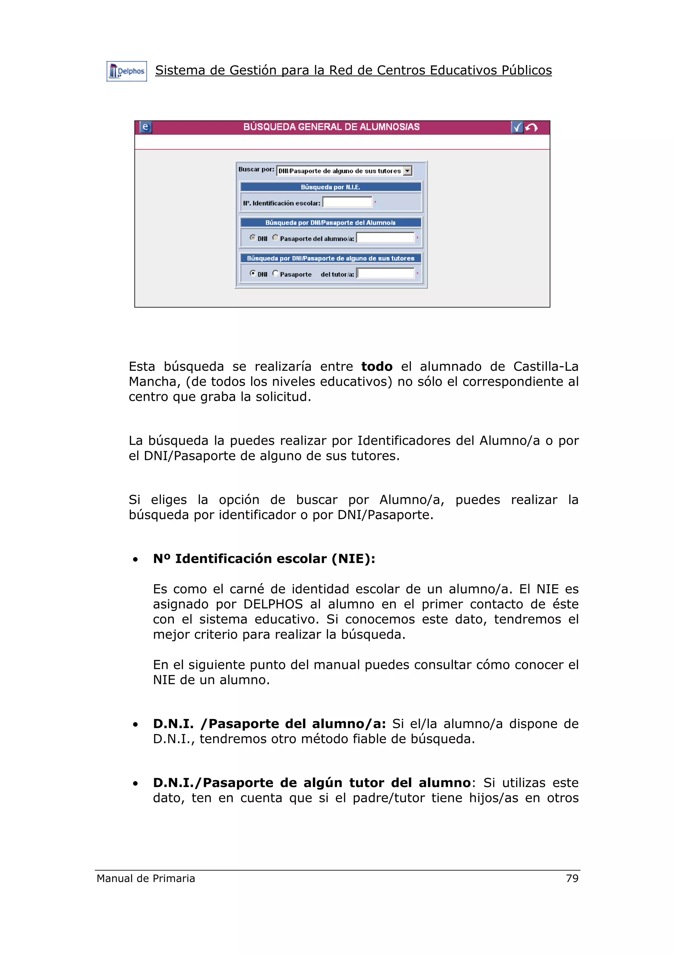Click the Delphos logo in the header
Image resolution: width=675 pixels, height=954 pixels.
[x=127, y=71]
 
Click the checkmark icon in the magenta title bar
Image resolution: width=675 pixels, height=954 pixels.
[x=516, y=127]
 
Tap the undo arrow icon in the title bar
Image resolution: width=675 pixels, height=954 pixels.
[x=532, y=127]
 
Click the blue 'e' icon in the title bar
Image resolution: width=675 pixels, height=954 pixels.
[x=145, y=127]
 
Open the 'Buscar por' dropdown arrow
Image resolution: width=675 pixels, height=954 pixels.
[x=408, y=171]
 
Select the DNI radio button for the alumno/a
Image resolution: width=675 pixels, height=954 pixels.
[x=252, y=237]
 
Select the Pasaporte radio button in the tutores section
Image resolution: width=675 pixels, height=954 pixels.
[x=275, y=273]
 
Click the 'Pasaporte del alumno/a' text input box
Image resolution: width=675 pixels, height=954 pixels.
[x=386, y=238]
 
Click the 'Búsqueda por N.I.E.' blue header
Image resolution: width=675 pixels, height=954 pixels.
[x=331, y=187]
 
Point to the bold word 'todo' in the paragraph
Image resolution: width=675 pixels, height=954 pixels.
[x=376, y=366]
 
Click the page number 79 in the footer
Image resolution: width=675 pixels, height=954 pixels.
[x=572, y=878]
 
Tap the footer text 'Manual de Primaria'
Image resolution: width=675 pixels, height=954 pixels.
[x=146, y=878]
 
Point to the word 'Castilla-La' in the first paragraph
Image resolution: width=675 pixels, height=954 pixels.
[x=546, y=366]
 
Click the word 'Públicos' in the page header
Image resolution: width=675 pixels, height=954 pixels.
[x=526, y=70]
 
